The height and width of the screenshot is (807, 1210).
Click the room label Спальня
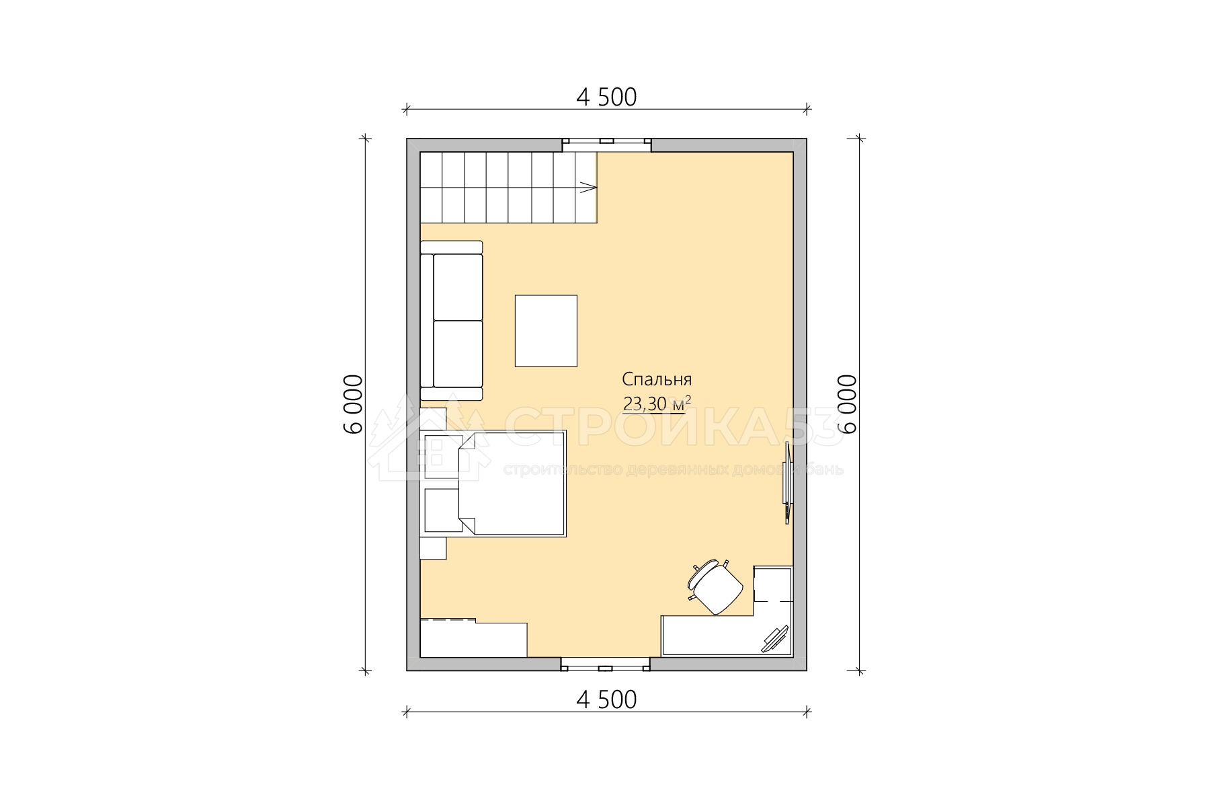(657, 379)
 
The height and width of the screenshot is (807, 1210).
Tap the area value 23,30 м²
(657, 403)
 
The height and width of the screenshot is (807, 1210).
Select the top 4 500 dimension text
(606, 98)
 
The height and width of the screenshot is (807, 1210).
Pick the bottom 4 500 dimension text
(606, 700)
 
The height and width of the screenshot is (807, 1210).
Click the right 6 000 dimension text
(848, 404)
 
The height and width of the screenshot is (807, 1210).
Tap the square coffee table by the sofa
(546, 331)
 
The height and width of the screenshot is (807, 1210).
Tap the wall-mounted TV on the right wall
(787, 482)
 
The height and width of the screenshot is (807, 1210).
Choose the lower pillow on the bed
(442, 510)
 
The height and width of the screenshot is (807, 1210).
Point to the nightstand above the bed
(433, 419)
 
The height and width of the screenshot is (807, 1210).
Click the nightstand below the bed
(433, 548)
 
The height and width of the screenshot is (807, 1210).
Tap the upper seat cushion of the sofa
(458, 287)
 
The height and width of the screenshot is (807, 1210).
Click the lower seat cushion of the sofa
(458, 354)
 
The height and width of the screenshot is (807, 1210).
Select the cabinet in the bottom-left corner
(473, 638)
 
